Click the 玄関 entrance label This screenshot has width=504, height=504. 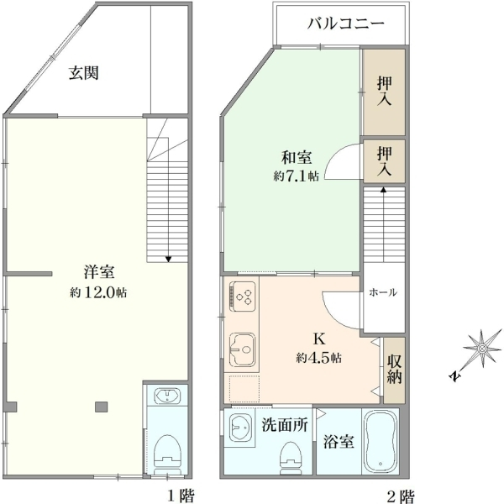point(83,73)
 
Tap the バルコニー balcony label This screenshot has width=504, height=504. point(345,24)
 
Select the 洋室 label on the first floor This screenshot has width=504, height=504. point(99,272)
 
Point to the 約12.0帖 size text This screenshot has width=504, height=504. point(98,292)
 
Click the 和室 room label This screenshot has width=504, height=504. point(297,158)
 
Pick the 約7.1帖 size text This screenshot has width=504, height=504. point(296,176)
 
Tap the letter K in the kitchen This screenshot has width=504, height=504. point(319,339)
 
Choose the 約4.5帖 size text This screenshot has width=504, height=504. point(318,358)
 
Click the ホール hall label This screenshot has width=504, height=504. point(383,292)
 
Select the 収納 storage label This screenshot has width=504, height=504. point(394,370)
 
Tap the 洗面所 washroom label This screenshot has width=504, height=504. point(285,424)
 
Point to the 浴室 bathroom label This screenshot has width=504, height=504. point(339,441)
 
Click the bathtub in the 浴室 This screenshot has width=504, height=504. point(381,441)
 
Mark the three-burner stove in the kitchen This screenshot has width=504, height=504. point(243,297)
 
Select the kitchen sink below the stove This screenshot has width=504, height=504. point(243,349)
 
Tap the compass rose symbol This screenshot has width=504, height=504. point(482,349)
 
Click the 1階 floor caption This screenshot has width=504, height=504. point(181,496)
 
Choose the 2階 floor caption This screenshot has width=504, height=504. point(400,496)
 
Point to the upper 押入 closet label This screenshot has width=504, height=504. point(385,91)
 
